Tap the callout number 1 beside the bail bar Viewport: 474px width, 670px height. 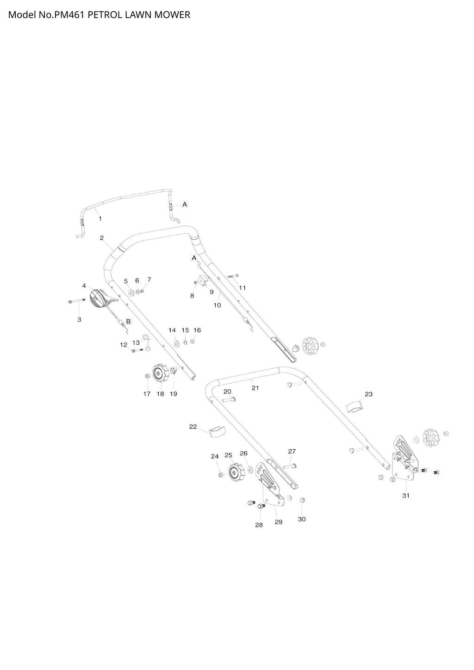(100, 219)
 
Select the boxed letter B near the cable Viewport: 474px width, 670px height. (128, 322)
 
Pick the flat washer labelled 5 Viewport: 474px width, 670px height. (131, 292)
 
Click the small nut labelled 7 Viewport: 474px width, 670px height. (142, 291)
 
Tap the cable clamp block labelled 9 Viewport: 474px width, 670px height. (203, 281)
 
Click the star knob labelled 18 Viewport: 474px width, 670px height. (161, 372)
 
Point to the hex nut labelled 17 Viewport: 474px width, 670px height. (147, 376)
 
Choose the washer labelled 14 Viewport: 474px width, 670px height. (176, 344)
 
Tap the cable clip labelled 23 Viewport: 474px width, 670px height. (354, 407)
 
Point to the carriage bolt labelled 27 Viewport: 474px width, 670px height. (289, 465)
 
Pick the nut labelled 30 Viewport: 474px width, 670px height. (302, 500)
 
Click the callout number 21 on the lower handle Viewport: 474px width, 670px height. (255, 388)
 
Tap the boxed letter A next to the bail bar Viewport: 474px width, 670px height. (185, 205)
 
